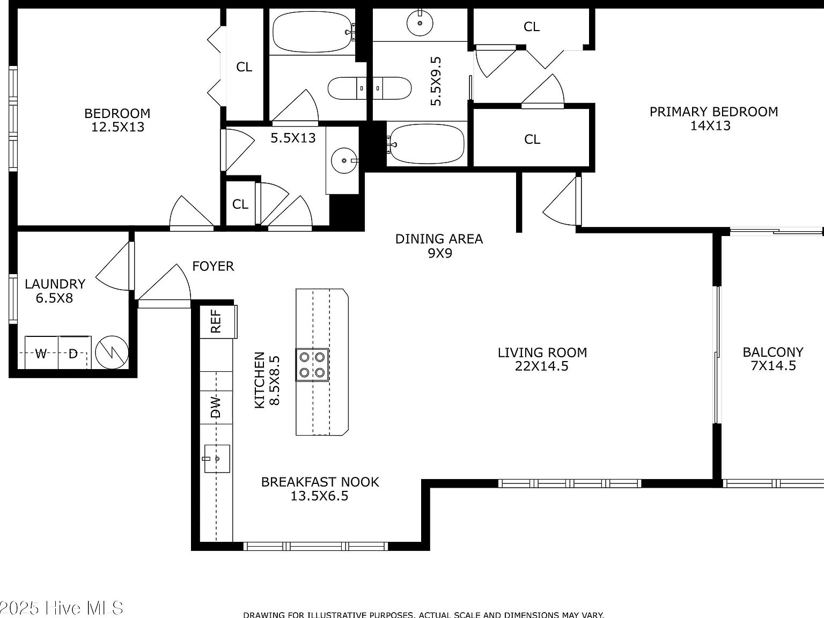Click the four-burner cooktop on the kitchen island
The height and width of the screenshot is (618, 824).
pos(312,365)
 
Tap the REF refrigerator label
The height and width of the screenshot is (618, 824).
pos(216,321)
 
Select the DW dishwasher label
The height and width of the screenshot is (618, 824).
pos(216,407)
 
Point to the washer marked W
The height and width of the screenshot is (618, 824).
pos(41,353)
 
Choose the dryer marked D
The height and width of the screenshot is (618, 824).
pos(74,353)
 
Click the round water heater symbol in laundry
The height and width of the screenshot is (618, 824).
pos(112,352)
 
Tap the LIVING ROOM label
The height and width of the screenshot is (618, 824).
pos(542,359)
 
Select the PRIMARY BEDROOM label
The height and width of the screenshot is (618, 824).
pos(713,119)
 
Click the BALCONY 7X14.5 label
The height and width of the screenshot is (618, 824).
pos(772,359)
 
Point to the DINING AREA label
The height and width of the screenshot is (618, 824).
pos(439,246)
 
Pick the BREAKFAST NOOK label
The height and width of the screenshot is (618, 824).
pos(320,488)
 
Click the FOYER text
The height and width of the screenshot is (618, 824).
pos(213,266)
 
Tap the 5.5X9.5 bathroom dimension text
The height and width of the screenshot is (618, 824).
pos(436,81)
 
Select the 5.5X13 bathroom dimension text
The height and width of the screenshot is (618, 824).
pos(293,138)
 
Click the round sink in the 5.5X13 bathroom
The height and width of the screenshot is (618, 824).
pos(342,160)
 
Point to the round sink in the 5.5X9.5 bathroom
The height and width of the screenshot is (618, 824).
pos(419,24)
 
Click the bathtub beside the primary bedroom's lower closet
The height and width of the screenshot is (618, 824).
pos(426,144)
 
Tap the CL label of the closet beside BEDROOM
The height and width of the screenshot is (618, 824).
pos(244,67)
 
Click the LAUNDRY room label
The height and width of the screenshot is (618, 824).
pos(55,290)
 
